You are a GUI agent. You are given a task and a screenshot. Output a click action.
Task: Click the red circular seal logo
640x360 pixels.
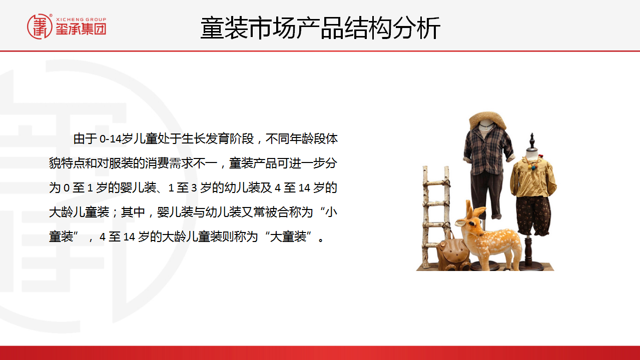(40, 26)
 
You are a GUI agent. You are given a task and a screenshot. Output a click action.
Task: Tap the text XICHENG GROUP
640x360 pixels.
(81, 19)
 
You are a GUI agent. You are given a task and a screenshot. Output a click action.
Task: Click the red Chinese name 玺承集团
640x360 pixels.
(81, 29)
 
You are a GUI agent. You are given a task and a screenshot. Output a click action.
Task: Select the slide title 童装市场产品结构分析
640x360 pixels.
(320, 28)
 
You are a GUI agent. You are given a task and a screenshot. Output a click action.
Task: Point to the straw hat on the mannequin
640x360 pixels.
(487, 119)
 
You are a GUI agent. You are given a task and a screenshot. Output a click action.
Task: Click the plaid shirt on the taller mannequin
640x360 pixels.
(488, 150)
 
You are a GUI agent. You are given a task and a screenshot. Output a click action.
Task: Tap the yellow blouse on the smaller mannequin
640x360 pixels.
(533, 177)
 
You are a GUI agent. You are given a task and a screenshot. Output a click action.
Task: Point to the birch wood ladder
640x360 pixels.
(435, 217)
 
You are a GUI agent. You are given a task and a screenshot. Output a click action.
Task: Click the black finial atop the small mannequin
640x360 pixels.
(532, 141)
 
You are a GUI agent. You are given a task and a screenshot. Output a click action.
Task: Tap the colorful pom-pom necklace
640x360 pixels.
(533, 162)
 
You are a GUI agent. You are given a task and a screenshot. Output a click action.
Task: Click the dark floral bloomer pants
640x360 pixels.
(533, 215)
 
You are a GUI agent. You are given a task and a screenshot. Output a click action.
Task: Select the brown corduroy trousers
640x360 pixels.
(486, 194)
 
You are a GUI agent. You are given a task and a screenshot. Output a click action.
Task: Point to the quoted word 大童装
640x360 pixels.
(288, 236)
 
